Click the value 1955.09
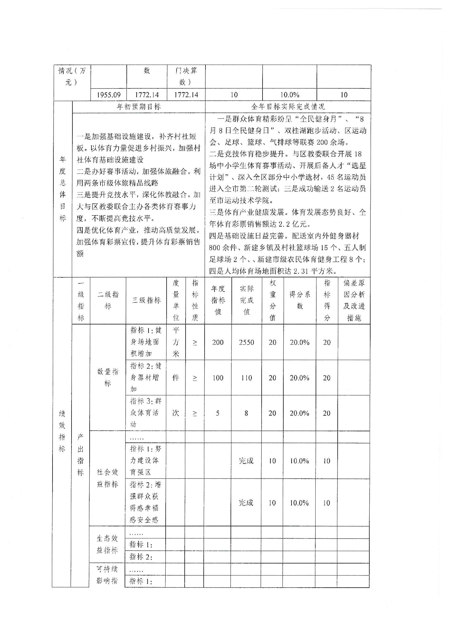(x=109, y=95)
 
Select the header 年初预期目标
(x=139, y=107)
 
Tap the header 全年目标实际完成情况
(x=288, y=107)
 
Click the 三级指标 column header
(x=146, y=300)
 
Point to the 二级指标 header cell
(x=108, y=300)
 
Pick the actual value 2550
(x=247, y=342)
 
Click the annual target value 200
(x=218, y=342)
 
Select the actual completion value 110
(x=247, y=378)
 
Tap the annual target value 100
(x=218, y=378)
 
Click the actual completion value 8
(x=246, y=413)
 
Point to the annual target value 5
(x=218, y=413)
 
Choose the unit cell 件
(x=176, y=378)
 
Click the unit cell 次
(x=176, y=413)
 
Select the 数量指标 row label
(x=108, y=377)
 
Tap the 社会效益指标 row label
(x=107, y=478)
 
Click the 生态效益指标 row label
(x=107, y=544)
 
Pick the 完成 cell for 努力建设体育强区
(x=246, y=461)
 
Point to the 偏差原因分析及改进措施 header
(x=354, y=300)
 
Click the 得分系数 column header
(x=300, y=300)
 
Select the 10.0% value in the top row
(x=290, y=95)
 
